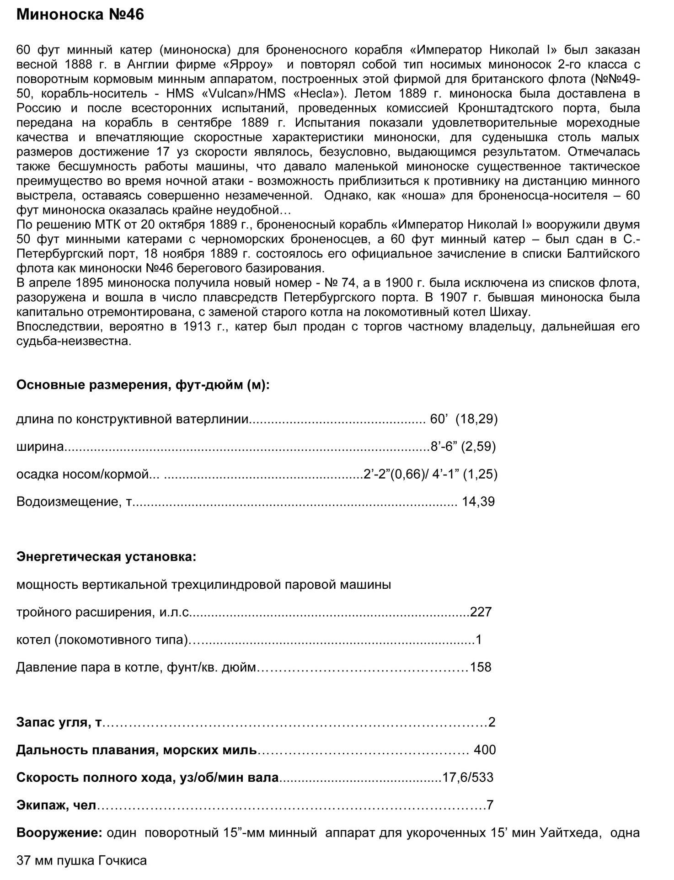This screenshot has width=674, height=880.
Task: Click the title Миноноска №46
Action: (80, 15)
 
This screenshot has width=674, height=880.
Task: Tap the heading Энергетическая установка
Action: (106, 557)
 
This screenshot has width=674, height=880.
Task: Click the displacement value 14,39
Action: (478, 502)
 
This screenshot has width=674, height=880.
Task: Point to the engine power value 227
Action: (481, 612)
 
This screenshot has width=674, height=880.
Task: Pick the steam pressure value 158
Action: (481, 667)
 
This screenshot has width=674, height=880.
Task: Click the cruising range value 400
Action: (485, 750)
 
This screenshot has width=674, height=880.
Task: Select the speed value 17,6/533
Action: (468, 778)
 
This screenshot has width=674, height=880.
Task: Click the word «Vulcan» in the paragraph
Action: (228, 94)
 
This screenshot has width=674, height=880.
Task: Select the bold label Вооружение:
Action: (59, 833)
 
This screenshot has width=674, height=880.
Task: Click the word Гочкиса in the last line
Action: (122, 861)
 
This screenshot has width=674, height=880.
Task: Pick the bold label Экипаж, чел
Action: (56, 805)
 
